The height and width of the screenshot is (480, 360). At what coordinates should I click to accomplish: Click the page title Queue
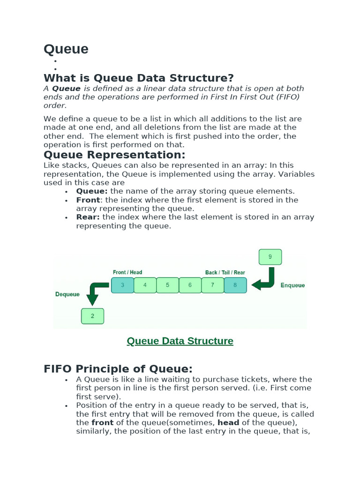coord(66,49)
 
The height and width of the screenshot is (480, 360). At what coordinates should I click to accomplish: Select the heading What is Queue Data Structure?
coord(138,78)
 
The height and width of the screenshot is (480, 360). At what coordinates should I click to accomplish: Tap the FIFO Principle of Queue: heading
coord(118,368)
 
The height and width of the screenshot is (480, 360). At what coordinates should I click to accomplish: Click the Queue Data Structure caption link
coord(180,341)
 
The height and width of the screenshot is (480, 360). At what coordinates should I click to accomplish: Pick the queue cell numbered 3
coord(122,285)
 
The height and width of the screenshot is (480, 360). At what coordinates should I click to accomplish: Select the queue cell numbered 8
coord(235,285)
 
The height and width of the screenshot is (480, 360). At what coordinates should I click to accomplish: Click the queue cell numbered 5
coord(167,285)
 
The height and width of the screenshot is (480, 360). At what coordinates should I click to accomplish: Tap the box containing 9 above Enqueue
coord(270,257)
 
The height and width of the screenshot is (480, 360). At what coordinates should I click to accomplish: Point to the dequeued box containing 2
coord(92,316)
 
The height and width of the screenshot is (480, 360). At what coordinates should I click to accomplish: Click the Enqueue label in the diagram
coord(292,285)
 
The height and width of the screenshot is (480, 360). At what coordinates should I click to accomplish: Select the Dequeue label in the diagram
coord(67,294)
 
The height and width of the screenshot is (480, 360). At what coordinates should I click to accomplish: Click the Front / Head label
coord(127,272)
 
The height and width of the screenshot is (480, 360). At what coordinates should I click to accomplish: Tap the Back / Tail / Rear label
coord(225,272)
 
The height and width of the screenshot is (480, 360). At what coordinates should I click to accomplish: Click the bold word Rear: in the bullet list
coord(88,217)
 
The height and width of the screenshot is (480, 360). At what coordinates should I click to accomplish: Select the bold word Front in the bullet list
coord(88,200)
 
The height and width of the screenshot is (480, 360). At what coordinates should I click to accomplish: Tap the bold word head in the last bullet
coord(228,423)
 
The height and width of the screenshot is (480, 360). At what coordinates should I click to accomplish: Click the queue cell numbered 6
coord(190,285)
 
